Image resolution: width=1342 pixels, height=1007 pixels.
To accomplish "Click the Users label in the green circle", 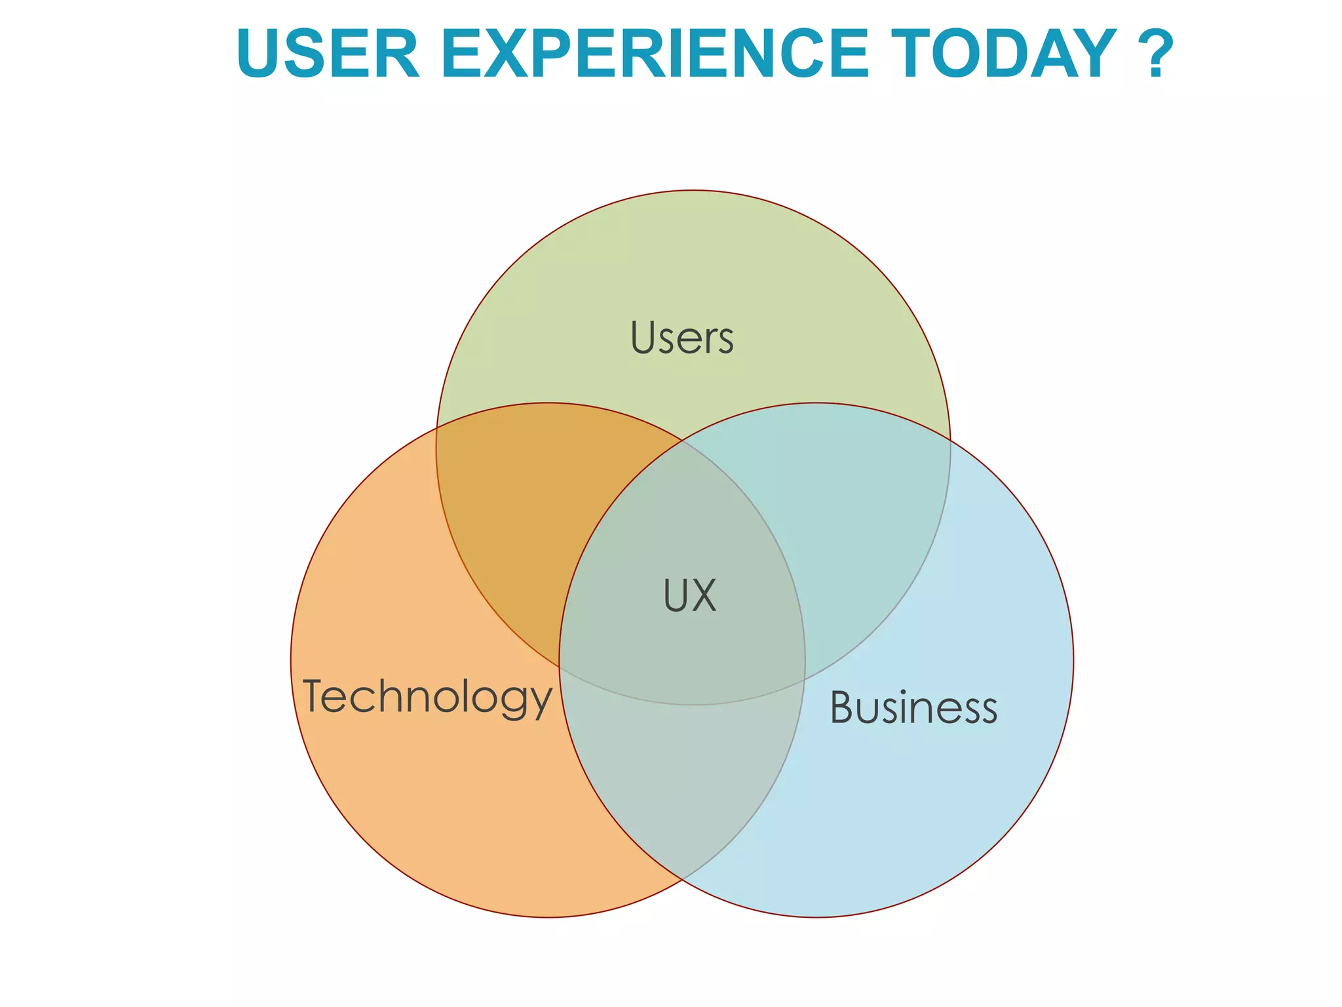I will click(681, 338).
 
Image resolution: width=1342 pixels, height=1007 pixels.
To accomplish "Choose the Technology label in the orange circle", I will click(427, 697).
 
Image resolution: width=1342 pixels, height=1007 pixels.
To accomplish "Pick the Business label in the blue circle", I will click(913, 709).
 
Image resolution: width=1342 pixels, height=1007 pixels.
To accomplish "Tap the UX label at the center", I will click(690, 595).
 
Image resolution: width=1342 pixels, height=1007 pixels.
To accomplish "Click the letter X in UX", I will click(704, 595).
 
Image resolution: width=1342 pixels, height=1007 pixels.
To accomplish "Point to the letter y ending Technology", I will click(541, 701).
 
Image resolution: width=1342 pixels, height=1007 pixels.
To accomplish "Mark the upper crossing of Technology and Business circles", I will click(682, 441).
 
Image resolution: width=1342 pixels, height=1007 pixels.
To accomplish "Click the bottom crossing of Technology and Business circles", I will click(682, 879).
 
